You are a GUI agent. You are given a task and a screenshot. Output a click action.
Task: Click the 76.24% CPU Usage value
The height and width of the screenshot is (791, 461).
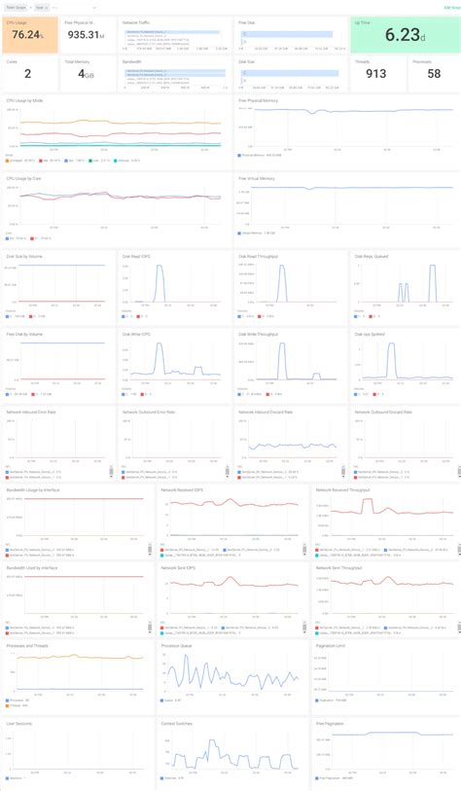[x=28, y=35]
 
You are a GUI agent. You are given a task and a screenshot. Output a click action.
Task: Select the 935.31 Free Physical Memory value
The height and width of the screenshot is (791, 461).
[x=86, y=35]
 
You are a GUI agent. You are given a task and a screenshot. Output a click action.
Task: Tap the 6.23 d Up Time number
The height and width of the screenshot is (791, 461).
[x=401, y=35]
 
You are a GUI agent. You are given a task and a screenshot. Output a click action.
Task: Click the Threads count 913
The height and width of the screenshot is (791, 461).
[x=374, y=74]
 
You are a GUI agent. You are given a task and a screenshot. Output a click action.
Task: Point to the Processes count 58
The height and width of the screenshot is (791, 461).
[x=433, y=74]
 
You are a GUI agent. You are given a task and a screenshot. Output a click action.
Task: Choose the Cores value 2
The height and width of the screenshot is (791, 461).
[x=27, y=74]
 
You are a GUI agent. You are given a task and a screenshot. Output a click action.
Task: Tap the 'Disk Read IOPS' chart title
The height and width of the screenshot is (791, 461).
[x=137, y=256]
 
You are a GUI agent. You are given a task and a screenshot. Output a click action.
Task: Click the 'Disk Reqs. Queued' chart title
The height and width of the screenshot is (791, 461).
[x=371, y=256]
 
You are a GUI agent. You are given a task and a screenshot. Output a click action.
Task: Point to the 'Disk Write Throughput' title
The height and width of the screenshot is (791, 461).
[x=260, y=334]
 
